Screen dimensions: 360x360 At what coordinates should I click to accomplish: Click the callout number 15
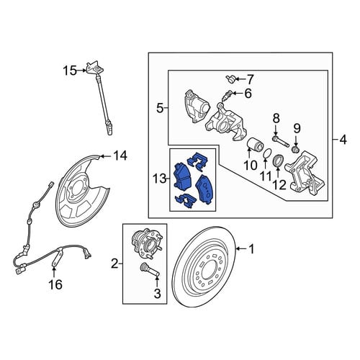pyautogui.click(x=70, y=71)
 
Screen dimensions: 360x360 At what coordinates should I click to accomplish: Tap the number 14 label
pyautogui.click(x=120, y=156)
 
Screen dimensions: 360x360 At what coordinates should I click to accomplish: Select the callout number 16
pyautogui.click(x=55, y=284)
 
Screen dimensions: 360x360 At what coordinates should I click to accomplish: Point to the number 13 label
pyautogui.click(x=160, y=179)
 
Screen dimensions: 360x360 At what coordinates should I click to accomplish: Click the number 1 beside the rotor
pyautogui.click(x=251, y=249)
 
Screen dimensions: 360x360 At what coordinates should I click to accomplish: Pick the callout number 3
pyautogui.click(x=157, y=293)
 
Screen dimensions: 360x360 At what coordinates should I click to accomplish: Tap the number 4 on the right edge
pyautogui.click(x=343, y=140)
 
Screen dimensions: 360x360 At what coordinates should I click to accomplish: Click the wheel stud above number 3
pyautogui.click(x=150, y=270)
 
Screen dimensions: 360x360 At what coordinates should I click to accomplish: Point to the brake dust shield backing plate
pyautogui.click(x=81, y=190)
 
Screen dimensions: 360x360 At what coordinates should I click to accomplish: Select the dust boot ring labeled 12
pyautogui.click(x=279, y=161)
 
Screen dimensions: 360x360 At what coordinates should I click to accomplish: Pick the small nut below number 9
pyautogui.click(x=295, y=150)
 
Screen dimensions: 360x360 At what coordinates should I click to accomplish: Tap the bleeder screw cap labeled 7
pyautogui.click(x=230, y=78)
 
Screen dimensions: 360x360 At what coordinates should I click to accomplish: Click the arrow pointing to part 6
pyautogui.click(x=238, y=93)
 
